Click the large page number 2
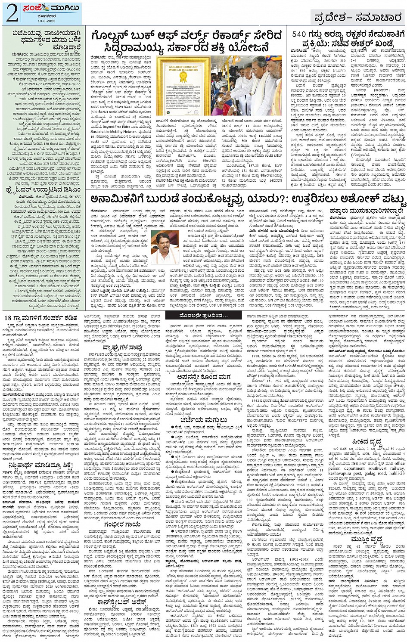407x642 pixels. pyautogui.click(x=10, y=12)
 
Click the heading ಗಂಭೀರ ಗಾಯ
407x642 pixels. pyautogui.click(x=122, y=525)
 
